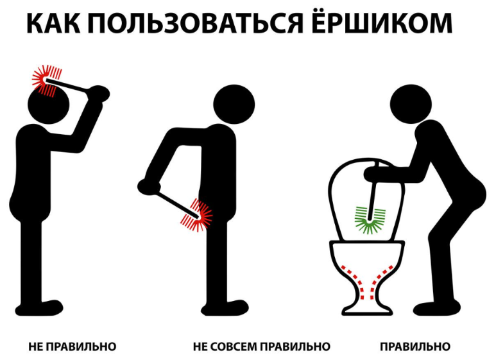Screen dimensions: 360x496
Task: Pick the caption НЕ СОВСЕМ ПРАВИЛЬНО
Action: (261, 347)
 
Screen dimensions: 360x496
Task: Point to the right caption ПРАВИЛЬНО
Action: (415, 347)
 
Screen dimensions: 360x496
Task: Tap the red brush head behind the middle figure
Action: (201, 215)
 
